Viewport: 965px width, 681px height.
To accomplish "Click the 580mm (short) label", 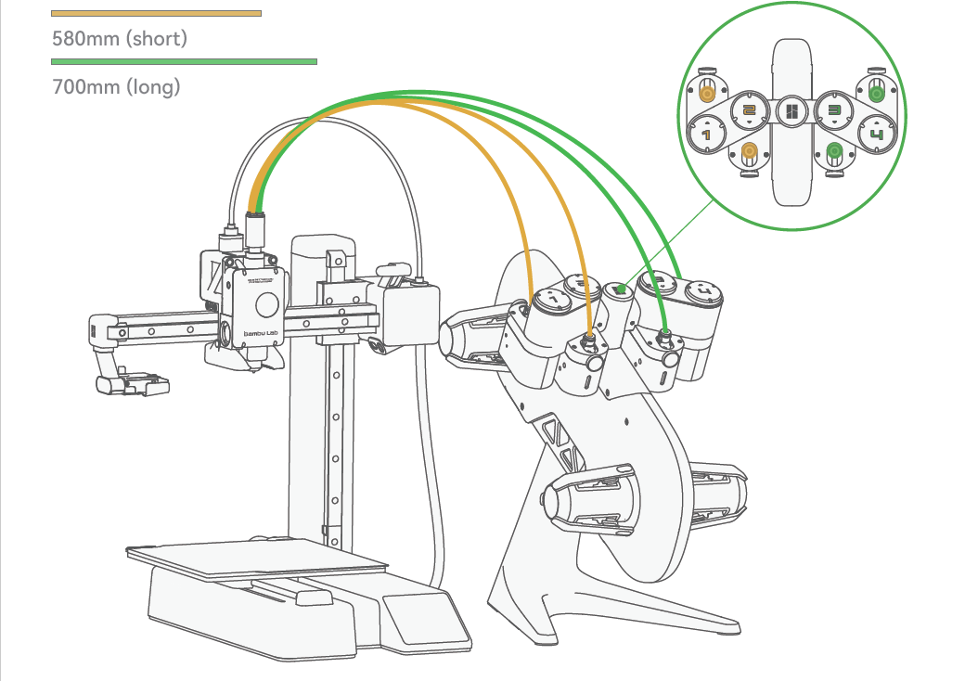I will (x=120, y=39).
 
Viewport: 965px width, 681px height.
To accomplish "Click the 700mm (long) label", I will (x=116, y=87).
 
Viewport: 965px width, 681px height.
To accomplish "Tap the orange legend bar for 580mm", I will (x=156, y=13).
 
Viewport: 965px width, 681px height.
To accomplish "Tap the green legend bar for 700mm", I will (x=184, y=62).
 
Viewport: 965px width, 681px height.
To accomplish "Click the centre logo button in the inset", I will (x=791, y=112).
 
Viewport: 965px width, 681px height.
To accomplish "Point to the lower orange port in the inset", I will (x=750, y=152).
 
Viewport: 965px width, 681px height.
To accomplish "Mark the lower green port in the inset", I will (x=833, y=151).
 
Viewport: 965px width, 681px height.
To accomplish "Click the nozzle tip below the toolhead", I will (x=253, y=370).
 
